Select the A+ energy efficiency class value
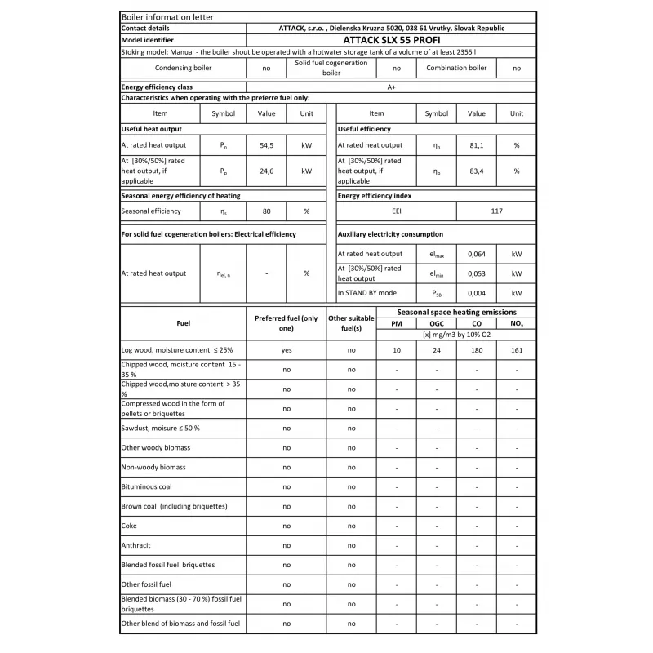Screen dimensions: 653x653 [391, 87]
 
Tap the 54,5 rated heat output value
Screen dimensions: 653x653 [267, 144]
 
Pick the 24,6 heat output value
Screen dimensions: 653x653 [267, 171]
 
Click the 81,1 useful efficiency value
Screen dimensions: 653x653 [476, 144]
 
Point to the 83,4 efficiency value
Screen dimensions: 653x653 [476, 171]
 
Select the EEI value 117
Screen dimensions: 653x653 [496, 211]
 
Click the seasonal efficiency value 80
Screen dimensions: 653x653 [267, 211]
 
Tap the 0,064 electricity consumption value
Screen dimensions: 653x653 [476, 254]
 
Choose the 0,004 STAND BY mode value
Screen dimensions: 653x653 [476, 292]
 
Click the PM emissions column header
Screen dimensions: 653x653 [397, 324]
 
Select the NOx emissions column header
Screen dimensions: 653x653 [516, 324]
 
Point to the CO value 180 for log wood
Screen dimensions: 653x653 [476, 349]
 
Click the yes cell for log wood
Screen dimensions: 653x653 [286, 349]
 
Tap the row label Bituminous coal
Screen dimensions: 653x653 [146, 486]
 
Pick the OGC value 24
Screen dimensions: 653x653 [436, 349]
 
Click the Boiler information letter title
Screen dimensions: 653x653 [156, 16]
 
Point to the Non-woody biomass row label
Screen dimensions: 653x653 [153, 467]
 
